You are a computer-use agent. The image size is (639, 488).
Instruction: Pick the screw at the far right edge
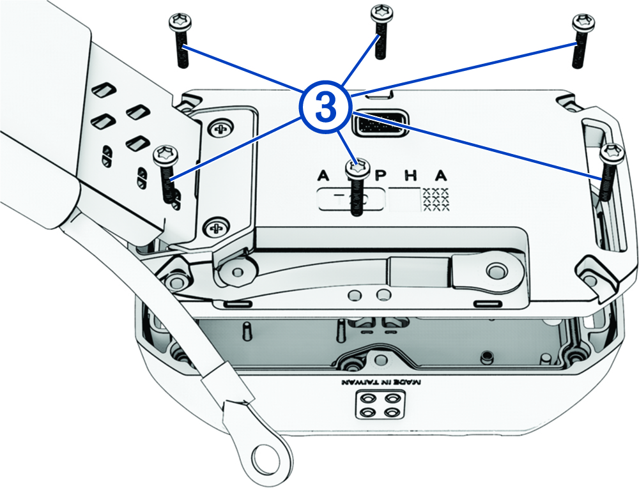click(x=612, y=153)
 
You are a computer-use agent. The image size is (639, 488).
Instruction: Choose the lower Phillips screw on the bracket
click(x=215, y=225)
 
